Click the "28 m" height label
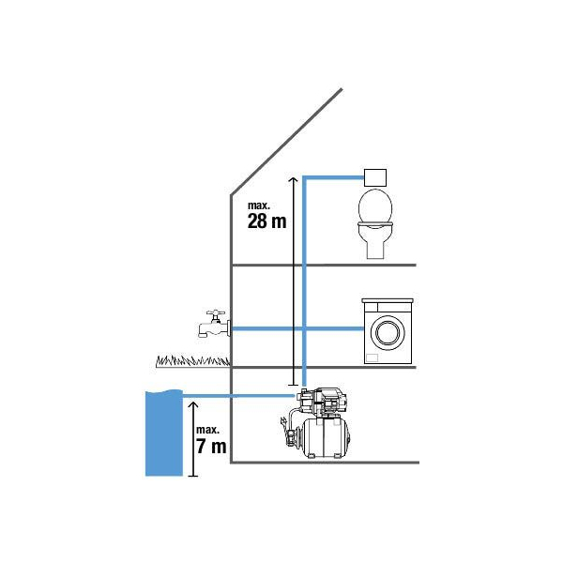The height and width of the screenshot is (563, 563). point(266,221)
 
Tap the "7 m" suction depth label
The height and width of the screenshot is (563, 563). point(211,447)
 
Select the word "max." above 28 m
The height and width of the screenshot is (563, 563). point(259,205)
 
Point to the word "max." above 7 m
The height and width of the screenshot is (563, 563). point(207,430)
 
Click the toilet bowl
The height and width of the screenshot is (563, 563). point(375,223)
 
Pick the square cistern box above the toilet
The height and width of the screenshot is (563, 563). point(375,177)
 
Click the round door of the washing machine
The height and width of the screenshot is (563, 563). point(388,332)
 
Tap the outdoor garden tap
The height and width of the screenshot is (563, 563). point(214,324)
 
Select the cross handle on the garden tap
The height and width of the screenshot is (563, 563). point(216,313)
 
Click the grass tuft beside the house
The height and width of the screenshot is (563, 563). point(192,361)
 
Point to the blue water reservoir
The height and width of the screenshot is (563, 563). point(163,434)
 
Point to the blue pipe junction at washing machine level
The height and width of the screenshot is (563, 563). point(304,328)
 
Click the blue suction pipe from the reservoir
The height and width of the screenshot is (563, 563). point(238,396)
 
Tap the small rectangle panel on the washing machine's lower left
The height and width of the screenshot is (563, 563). point(372,358)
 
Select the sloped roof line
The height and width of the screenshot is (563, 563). point(286,142)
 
